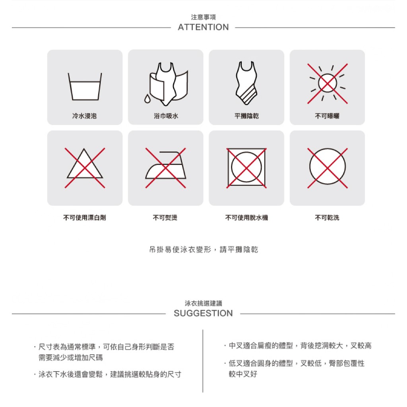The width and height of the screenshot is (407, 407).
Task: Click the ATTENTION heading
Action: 203,27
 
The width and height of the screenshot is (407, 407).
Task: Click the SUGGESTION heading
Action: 203,313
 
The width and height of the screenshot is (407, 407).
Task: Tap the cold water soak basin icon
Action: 85,86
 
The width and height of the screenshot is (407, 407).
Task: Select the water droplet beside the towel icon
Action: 147,99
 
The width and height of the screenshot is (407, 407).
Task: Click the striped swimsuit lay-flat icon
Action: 246,83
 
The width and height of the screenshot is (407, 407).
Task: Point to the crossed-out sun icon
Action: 328,83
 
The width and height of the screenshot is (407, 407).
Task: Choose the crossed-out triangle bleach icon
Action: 85,168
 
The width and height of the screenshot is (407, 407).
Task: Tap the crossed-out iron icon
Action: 166,168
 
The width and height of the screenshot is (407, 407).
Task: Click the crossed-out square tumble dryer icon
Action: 246,168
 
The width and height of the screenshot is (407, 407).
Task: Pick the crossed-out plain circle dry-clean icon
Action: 328,168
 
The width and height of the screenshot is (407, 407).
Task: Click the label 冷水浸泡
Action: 84,116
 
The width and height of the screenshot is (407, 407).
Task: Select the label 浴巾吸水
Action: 166,116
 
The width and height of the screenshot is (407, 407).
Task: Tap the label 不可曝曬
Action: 327,116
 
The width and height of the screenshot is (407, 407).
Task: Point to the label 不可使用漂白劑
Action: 85,217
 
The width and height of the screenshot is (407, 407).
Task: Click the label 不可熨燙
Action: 165,217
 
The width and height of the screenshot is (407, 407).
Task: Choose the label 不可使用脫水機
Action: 246,217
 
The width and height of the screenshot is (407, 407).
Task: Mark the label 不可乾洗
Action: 327,217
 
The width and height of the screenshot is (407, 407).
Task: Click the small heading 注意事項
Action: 203,17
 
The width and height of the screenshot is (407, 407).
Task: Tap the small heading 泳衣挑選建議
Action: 203,303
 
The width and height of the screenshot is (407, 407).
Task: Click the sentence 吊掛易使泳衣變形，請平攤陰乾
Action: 203,250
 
